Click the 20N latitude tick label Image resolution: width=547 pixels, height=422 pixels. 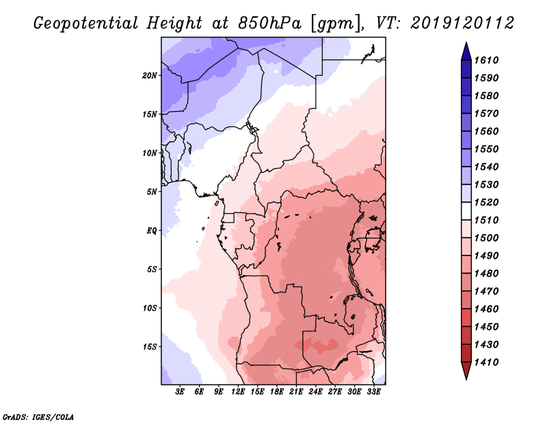[x=150, y=75]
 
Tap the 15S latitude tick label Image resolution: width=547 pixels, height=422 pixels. [x=150, y=346]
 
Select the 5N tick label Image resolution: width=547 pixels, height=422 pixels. [x=151, y=191]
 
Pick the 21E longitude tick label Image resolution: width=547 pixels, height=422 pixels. [x=297, y=392]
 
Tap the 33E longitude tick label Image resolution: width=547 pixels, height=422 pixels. [x=374, y=392]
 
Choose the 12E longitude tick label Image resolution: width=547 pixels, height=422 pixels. [x=238, y=392]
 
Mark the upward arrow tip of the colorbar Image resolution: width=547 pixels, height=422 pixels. [x=465, y=44]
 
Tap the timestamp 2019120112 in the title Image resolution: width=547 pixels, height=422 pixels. [x=462, y=23]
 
